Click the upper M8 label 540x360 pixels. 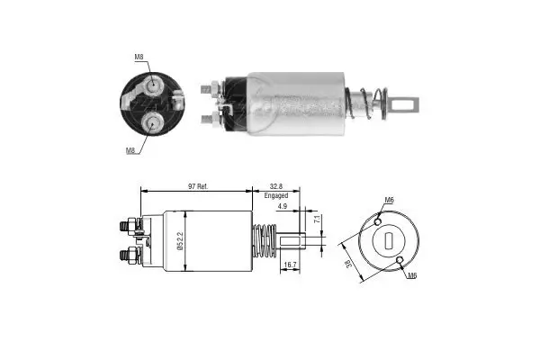[139, 58]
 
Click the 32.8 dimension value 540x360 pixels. [276, 185]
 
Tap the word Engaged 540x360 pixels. [276, 195]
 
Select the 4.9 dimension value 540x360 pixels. [282, 207]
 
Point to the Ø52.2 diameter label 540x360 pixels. [181, 240]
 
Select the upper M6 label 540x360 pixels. [389, 200]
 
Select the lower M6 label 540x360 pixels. [411, 275]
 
